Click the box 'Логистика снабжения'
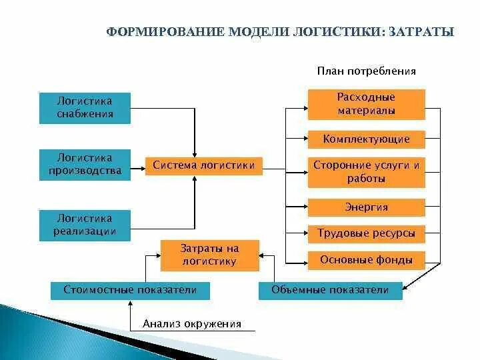(x=85, y=107)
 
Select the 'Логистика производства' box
(x=85, y=165)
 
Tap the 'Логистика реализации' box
(x=85, y=225)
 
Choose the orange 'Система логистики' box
(x=203, y=165)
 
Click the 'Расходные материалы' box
(x=366, y=104)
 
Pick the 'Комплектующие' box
(x=366, y=139)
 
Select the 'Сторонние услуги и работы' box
(x=366, y=172)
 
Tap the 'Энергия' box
(x=366, y=207)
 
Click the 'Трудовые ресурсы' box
(x=366, y=233)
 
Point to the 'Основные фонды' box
(x=366, y=260)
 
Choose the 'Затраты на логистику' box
(x=209, y=255)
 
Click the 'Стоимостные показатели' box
(x=130, y=290)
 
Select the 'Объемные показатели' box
(x=329, y=290)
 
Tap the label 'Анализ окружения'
(x=191, y=324)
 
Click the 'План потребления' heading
(x=366, y=71)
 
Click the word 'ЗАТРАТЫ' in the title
(x=421, y=32)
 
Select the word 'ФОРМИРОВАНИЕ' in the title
(x=165, y=32)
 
